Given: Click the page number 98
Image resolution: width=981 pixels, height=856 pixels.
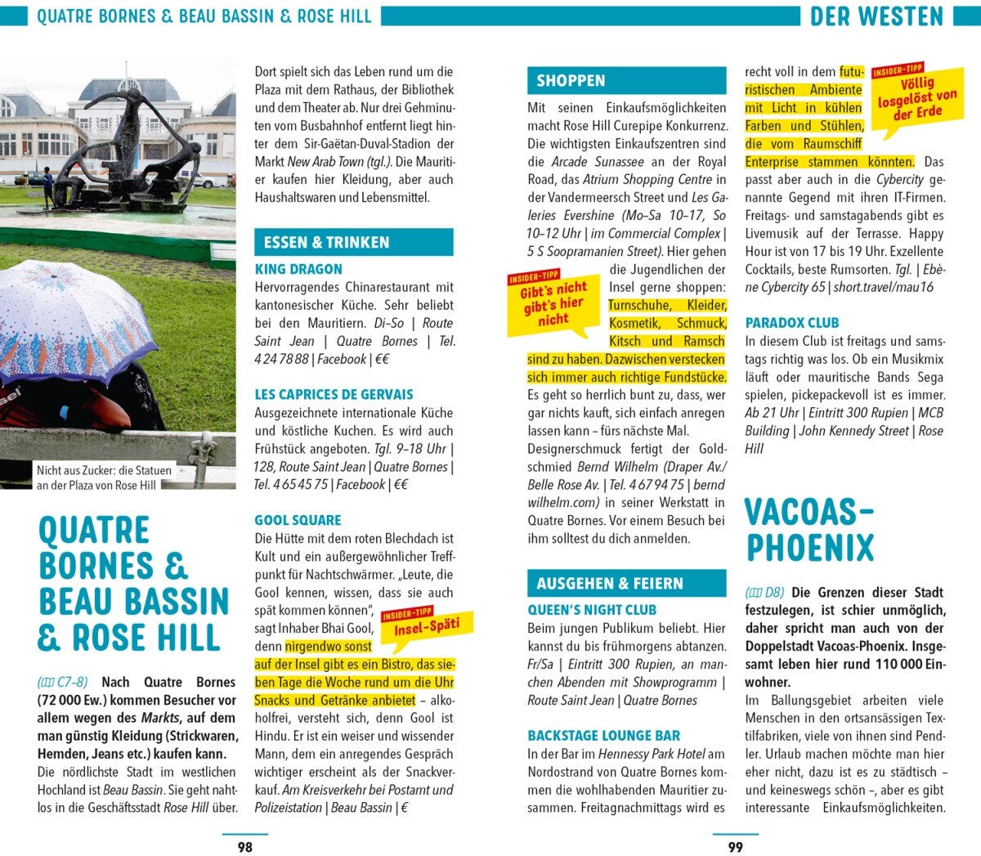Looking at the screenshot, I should pos(244,847).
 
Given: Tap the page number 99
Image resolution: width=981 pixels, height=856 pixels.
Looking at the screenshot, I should pos(736,847).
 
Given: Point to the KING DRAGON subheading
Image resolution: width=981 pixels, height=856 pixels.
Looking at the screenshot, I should pos(298,269).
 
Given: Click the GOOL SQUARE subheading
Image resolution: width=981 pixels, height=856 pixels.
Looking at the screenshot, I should pos(298,520).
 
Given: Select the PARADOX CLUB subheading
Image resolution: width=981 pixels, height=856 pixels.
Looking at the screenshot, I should pos(791,323).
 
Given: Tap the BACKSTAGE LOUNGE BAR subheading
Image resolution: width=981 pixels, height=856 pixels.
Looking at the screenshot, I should pos(603,736).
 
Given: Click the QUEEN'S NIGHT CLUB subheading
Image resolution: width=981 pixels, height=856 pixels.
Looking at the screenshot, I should pos(592,610).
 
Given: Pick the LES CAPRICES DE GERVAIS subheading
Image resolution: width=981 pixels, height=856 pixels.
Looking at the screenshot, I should pos(334,394).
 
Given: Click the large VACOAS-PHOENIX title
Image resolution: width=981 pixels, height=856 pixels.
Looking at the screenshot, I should pos(809,530).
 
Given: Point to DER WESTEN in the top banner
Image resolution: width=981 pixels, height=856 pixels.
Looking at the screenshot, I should pos(876,16).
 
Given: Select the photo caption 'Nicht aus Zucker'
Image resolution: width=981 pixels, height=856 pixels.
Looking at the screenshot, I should pos(104,477).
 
